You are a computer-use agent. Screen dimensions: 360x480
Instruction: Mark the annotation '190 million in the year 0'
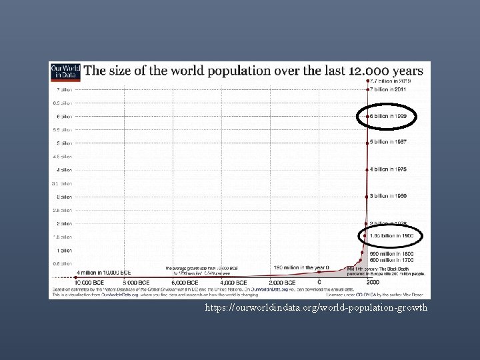point(301,267)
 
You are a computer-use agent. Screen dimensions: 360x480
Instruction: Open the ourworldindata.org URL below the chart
point(317,308)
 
